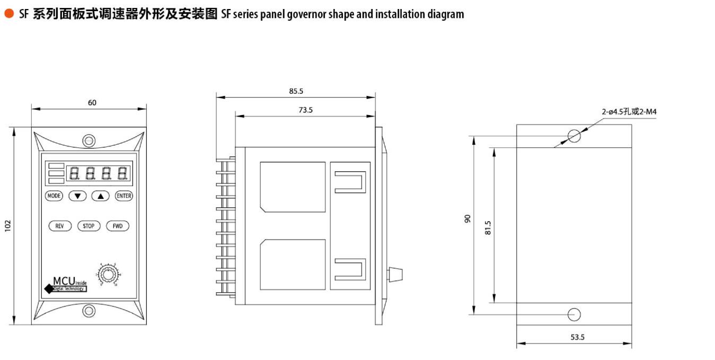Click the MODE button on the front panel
coord(54,196)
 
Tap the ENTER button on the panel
coord(123,196)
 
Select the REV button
coord(60,226)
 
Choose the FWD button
coord(118,226)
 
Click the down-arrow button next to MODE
coord(77,196)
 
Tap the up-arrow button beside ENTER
coord(100,196)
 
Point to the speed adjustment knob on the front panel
coord(109,275)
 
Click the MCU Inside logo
coord(66,284)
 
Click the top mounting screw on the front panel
coord(89,141)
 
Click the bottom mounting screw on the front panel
coord(89,310)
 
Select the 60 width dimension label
coord(92,102)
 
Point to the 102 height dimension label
coord(7,225)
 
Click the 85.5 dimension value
coord(296,91)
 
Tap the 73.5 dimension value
coord(306,110)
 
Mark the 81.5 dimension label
coord(488,227)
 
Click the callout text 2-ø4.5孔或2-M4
coord(629,112)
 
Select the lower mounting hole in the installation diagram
coord(574,314)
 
